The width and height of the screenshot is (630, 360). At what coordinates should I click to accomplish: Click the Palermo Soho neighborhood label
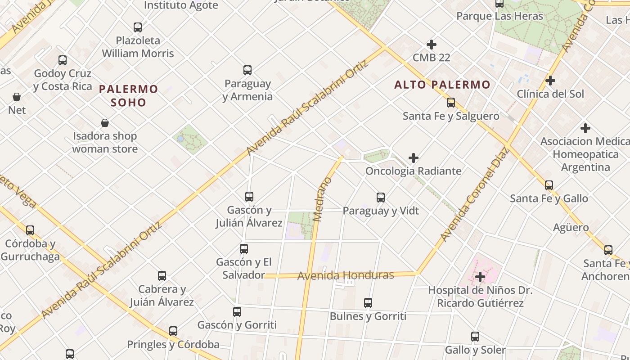(x=129, y=95)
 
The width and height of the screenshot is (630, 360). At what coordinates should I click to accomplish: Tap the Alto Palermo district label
(x=442, y=85)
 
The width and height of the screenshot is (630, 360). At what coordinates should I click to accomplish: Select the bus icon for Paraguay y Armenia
(x=247, y=70)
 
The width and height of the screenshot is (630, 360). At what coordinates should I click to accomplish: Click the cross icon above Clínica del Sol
(x=550, y=81)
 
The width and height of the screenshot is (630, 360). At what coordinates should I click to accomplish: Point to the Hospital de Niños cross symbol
(x=480, y=276)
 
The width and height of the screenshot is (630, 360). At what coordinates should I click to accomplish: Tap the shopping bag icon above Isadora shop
(x=105, y=123)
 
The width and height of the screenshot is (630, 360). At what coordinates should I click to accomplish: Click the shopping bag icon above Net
(x=17, y=97)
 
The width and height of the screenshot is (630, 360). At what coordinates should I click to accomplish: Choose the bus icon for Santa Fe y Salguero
(x=451, y=103)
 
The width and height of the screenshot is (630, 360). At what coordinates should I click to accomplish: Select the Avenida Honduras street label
(x=346, y=275)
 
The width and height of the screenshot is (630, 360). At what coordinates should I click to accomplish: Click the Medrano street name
(x=323, y=199)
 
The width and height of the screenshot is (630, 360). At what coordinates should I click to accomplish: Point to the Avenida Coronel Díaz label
(x=475, y=193)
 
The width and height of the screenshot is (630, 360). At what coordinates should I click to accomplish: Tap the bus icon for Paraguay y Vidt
(x=381, y=198)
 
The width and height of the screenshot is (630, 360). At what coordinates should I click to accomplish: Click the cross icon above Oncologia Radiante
(x=414, y=158)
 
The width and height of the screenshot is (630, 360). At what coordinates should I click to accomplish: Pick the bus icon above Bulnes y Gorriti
(x=368, y=303)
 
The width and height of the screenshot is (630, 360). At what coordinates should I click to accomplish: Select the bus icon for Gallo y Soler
(x=475, y=337)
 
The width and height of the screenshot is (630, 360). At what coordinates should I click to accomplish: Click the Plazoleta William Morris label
(x=138, y=47)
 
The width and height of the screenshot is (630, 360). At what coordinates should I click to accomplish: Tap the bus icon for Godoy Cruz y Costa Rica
(x=63, y=60)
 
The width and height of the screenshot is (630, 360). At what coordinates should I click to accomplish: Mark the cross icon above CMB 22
(x=432, y=45)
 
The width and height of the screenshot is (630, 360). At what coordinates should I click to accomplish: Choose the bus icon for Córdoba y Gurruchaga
(x=30, y=230)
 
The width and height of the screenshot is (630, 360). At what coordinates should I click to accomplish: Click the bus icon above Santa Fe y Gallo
(x=549, y=185)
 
